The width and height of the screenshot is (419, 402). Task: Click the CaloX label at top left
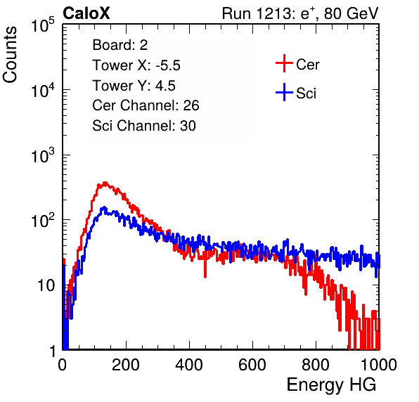(86, 13)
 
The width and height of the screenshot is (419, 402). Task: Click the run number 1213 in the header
(273, 13)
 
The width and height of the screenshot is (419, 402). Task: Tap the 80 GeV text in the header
(351, 13)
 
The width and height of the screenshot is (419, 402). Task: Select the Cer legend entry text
(307, 65)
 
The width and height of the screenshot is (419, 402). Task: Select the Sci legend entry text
(306, 93)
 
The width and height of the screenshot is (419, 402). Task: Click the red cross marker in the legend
(284, 63)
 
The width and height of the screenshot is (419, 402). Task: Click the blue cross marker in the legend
(284, 92)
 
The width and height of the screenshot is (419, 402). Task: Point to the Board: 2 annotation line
(120, 45)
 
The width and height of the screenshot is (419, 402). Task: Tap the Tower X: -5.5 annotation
(136, 65)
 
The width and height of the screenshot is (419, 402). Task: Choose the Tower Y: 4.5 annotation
(134, 86)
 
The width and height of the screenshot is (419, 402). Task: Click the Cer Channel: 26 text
(146, 105)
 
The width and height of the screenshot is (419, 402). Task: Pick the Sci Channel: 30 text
(143, 126)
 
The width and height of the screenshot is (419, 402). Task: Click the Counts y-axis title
(10, 55)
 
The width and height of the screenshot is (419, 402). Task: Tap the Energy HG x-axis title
(331, 385)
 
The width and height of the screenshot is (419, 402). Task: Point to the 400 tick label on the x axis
(189, 365)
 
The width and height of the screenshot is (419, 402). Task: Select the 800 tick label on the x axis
(316, 365)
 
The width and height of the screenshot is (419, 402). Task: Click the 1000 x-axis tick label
(379, 365)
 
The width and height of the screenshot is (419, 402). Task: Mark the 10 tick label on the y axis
(46, 285)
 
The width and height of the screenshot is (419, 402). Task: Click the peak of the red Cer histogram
(105, 183)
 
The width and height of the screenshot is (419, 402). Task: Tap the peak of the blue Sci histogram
(104, 207)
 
